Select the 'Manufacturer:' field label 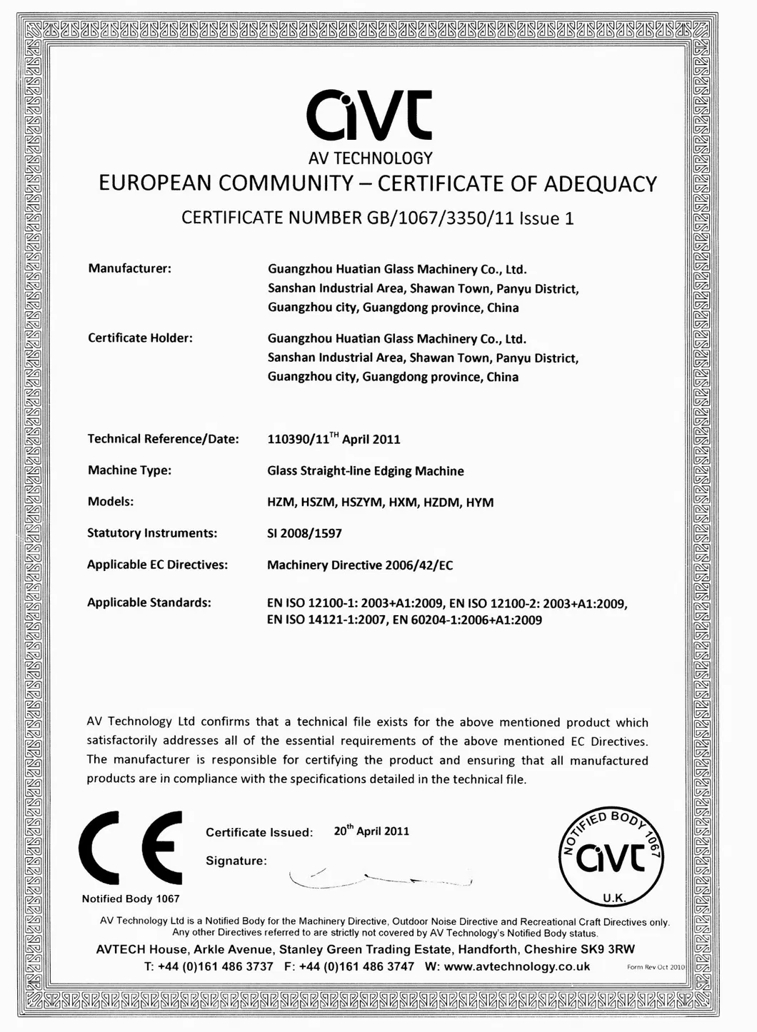click(x=129, y=268)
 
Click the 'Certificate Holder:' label click(x=140, y=338)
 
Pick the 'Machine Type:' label click(x=129, y=470)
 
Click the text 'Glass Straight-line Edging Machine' click(x=365, y=471)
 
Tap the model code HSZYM click(x=361, y=502)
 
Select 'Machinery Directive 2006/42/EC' click(x=360, y=565)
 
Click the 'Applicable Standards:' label click(x=149, y=602)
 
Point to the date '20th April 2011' click(x=371, y=831)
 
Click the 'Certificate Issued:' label click(x=259, y=832)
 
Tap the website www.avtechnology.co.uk click(x=517, y=966)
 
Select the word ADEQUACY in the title click(x=600, y=184)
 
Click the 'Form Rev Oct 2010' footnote click(x=655, y=967)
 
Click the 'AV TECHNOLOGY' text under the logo click(x=370, y=158)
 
